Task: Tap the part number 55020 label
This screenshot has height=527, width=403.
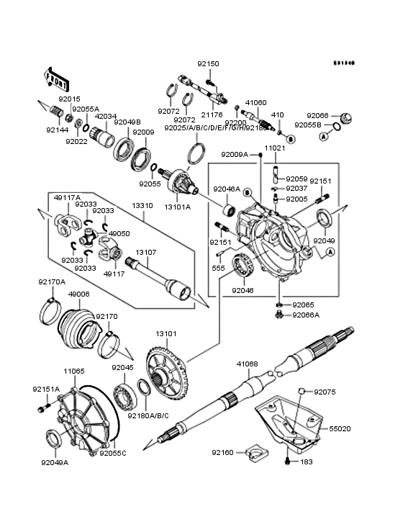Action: coord(381,428)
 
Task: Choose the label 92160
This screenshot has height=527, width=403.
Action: coord(222,453)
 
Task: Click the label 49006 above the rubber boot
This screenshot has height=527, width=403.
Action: coord(78,294)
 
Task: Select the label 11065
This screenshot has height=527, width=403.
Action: coord(74,371)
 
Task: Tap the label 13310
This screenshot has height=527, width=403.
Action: coord(142,205)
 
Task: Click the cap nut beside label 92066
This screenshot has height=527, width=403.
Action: coord(344,118)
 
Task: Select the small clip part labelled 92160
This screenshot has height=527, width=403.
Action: coord(253,454)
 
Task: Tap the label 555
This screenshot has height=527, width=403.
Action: coord(217,267)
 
